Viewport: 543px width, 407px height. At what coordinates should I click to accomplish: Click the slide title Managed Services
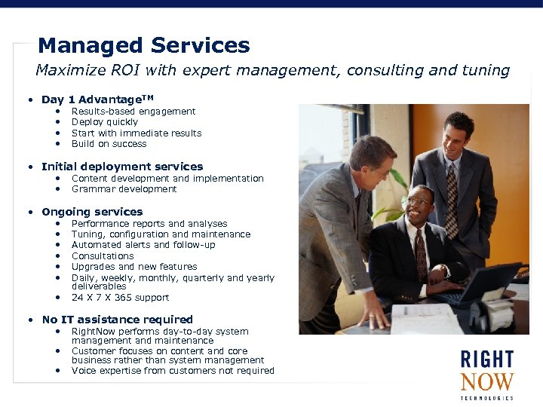pos(143,45)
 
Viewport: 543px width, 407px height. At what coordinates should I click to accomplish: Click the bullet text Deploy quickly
pos(105,122)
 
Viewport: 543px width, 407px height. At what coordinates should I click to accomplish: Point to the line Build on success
pos(109,144)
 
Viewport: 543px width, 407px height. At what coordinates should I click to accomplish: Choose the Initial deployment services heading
pos(122,167)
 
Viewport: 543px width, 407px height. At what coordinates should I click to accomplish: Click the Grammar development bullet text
pos(124,189)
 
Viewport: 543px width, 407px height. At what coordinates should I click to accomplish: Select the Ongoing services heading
pos(92,212)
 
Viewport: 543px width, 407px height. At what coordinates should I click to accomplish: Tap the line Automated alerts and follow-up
pos(143,245)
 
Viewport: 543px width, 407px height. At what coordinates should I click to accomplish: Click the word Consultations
pos(102,256)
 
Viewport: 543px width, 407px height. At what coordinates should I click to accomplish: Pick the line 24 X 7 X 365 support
pos(120,298)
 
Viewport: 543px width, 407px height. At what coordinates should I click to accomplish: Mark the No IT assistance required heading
pos(117,320)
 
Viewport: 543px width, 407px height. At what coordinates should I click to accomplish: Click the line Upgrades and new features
pos(134,267)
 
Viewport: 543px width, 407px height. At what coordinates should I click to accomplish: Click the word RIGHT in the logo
pos(486,360)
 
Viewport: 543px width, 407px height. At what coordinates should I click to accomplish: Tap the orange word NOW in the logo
pos(486,382)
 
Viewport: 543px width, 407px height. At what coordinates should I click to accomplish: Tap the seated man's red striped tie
pos(420,256)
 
